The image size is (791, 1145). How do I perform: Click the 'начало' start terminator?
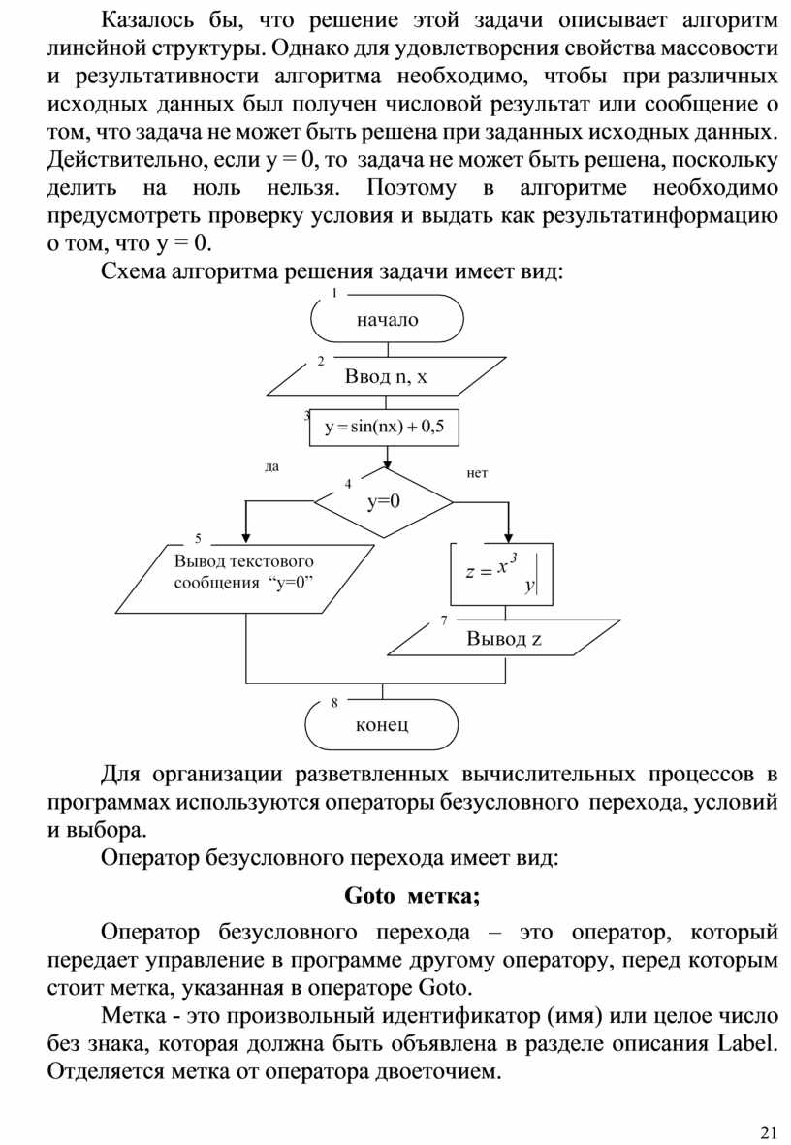pyautogui.click(x=387, y=319)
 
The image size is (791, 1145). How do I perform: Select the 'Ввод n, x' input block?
pyautogui.click(x=386, y=377)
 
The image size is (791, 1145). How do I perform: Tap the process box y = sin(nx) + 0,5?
pyautogui.click(x=384, y=428)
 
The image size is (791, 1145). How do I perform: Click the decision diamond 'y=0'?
pyautogui.click(x=384, y=501)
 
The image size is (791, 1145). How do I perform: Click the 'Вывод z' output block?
pyautogui.click(x=504, y=638)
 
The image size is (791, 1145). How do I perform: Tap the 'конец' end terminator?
pyautogui.click(x=382, y=723)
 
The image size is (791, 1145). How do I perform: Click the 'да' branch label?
pyautogui.click(x=271, y=466)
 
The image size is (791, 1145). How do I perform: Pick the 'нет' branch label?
pyautogui.click(x=477, y=473)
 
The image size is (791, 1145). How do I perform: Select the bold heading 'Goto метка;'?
pyautogui.click(x=412, y=895)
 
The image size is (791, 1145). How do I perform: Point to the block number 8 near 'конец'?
pyautogui.click(x=333, y=702)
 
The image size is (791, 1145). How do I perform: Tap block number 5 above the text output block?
pyautogui.click(x=198, y=538)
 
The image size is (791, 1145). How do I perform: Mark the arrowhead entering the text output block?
pyautogui.click(x=246, y=537)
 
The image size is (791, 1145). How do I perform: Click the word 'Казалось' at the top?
pyautogui.click(x=145, y=20)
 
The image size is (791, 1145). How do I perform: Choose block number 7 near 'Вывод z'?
pyautogui.click(x=443, y=619)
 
